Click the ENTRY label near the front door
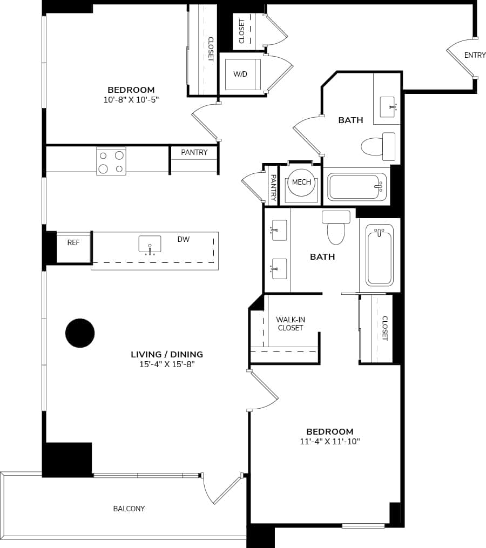tap(475, 55)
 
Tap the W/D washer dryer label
tap(240, 73)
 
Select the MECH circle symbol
tap(301, 182)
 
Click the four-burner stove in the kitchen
tap(111, 161)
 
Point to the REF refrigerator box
tap(73, 243)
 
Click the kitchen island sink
tap(150, 245)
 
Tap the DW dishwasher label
tap(184, 239)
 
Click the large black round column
tap(80, 333)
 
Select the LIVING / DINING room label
tap(167, 355)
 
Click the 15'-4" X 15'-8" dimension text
tap(167, 364)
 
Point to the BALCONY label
tap(129, 509)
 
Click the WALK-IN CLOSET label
tap(291, 323)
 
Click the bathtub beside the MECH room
tap(357, 187)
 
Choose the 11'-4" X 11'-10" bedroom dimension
tap(329, 442)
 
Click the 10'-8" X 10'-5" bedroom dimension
tap(131, 99)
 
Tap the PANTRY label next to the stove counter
tap(194, 152)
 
